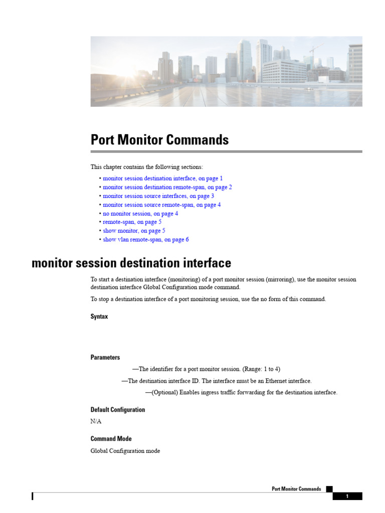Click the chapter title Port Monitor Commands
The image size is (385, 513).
(x=159, y=140)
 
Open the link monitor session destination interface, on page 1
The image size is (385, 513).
(x=162, y=178)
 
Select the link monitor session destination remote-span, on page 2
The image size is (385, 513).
(x=167, y=187)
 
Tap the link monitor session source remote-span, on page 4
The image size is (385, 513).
(x=161, y=205)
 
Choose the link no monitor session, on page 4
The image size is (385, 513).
(x=140, y=213)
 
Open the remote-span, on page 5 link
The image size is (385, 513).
(x=132, y=222)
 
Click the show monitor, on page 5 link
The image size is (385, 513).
(x=134, y=231)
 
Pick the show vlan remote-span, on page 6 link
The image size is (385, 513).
(x=146, y=239)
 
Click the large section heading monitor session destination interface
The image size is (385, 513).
(x=131, y=263)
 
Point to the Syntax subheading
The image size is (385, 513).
(x=99, y=317)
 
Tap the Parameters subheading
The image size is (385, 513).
(x=105, y=357)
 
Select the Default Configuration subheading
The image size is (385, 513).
(x=118, y=409)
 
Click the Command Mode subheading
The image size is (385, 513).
(x=111, y=438)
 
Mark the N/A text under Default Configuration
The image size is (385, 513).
(x=96, y=421)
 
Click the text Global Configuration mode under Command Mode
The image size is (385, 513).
(x=125, y=451)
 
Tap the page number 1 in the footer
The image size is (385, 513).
(x=347, y=496)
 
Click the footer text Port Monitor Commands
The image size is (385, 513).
(x=296, y=489)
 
